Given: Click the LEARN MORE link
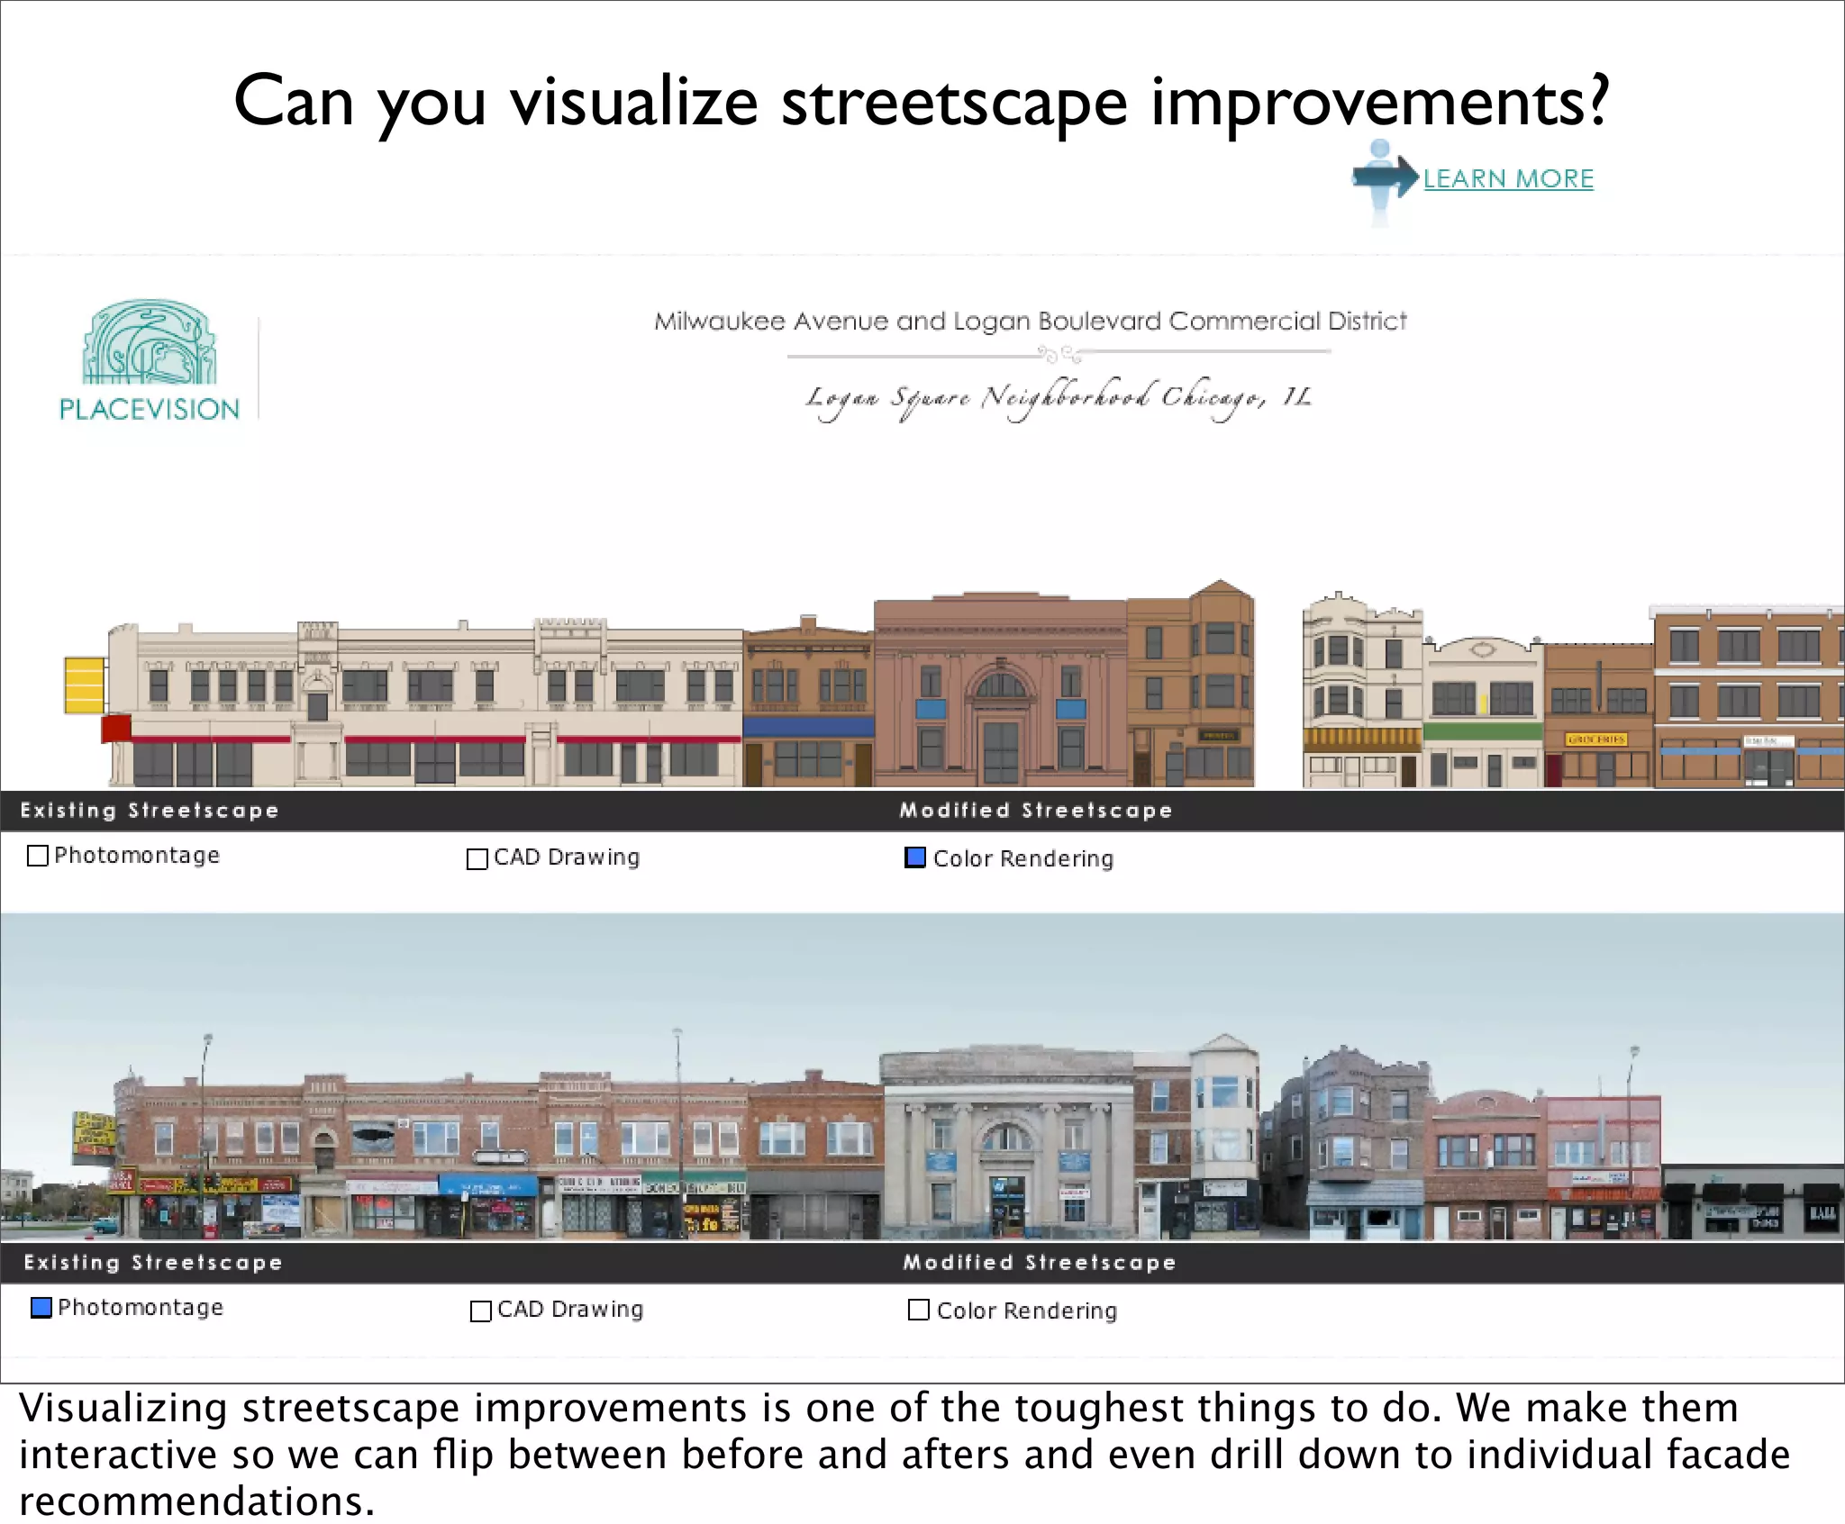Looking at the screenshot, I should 1508,178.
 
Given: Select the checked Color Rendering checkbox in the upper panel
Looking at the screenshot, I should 915,857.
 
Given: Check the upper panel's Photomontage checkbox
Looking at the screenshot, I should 38,855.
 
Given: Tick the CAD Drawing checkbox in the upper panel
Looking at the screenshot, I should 477,858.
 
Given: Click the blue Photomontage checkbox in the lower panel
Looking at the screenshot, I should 41,1307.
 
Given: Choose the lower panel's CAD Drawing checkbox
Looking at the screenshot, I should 481,1311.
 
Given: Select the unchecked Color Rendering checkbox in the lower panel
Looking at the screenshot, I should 919,1310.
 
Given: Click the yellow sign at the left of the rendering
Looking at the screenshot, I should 84,685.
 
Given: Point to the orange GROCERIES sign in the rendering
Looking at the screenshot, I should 1595,739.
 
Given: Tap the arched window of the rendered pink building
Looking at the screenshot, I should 1001,684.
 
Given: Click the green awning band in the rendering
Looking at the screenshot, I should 1482,730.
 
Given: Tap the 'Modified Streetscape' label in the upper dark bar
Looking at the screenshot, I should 1036,810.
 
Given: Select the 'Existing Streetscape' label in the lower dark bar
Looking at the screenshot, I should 153,1262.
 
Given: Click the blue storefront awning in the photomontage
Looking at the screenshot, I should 487,1185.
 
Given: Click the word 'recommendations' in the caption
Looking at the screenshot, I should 195,1501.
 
